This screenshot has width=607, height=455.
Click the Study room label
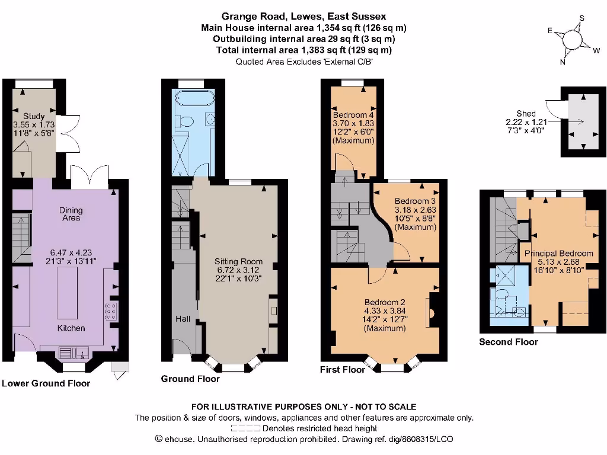tap(33, 116)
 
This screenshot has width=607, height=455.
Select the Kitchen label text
tap(71, 328)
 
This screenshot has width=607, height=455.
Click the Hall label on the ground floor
tap(182, 319)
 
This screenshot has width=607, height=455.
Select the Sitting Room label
tap(239, 261)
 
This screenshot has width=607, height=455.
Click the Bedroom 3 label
tap(415, 201)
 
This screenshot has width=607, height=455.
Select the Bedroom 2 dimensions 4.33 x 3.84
tap(384, 310)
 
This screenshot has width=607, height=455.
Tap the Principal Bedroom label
tap(558, 254)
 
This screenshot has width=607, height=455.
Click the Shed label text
tap(526, 113)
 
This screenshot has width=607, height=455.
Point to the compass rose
tap(572, 39)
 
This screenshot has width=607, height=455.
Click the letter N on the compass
tap(563, 62)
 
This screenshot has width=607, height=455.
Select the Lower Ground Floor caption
tap(46, 383)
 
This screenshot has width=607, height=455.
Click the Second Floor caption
tap(508, 342)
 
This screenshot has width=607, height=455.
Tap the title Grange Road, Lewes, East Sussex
tap(303, 17)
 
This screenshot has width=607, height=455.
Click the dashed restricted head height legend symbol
tap(246, 428)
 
